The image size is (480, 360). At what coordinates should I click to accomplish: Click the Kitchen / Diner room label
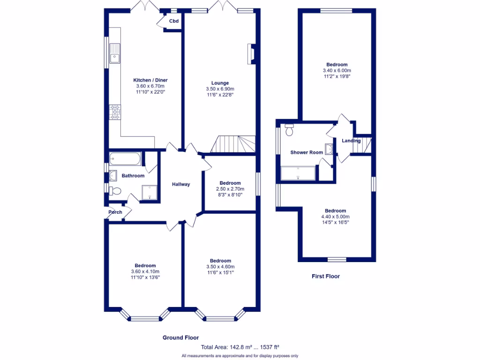150,80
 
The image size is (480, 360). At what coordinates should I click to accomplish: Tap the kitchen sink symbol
115,52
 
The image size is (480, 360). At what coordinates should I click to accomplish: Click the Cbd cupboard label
174,21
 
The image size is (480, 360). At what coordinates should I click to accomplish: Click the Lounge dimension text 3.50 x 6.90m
220,89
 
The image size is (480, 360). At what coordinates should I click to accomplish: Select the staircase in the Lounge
233,144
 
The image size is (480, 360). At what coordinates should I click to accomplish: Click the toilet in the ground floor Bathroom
115,191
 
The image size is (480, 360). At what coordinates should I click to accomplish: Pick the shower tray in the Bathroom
150,191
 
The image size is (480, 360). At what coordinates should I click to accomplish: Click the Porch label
115,212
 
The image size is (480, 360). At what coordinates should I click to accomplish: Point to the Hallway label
181,184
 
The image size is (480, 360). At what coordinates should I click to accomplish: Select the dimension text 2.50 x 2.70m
230,189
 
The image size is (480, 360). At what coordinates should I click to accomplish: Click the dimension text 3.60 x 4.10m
145,271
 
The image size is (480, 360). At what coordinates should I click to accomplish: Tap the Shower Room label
307,152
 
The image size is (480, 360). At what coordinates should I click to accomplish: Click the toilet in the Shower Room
289,130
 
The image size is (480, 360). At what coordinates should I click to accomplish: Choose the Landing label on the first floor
351,141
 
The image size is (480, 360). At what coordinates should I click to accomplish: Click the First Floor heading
326,277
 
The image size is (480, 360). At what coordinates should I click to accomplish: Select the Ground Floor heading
180,337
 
